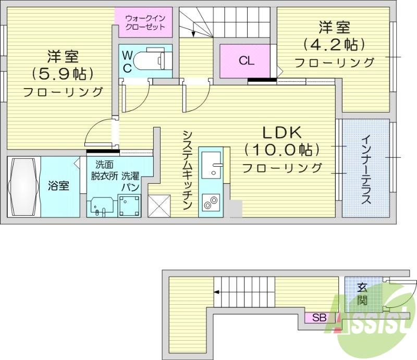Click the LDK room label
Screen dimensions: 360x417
tap(281, 131)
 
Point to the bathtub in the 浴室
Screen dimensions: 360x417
tap(23, 186)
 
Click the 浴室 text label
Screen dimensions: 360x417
tap(58, 186)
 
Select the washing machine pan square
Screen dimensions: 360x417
tap(130, 205)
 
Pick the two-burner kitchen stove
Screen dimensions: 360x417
tap(211, 203)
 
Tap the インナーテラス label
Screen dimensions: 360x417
tap(366, 169)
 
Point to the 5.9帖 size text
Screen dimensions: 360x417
tap(63, 73)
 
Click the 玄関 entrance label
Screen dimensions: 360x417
tap(362, 294)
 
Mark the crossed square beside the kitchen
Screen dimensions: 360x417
tap(159, 205)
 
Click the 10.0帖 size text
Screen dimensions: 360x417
tap(281, 150)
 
